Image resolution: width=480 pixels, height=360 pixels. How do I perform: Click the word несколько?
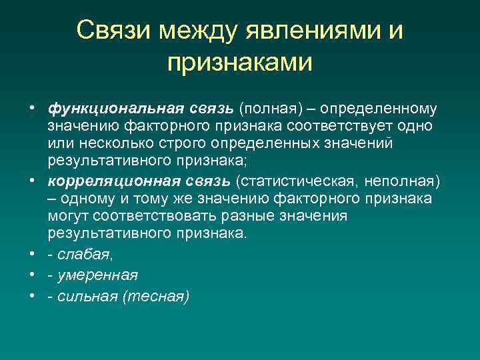point(109,144)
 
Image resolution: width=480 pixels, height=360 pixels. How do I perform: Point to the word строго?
point(180,144)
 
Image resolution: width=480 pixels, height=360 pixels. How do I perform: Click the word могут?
point(69,217)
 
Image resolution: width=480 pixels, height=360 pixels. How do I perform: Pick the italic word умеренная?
point(97,275)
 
